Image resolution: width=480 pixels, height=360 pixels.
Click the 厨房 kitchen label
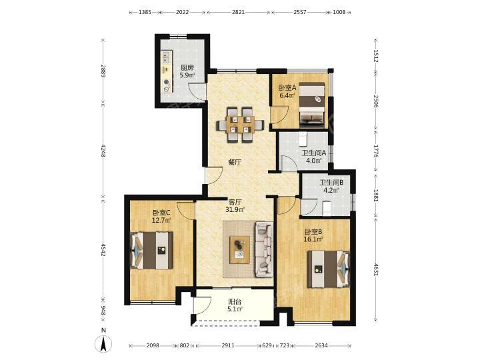click(187, 67)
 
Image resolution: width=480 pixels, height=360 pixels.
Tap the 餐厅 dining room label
click(235, 163)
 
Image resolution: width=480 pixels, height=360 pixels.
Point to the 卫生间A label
click(314, 153)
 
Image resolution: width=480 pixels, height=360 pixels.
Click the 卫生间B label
click(331, 183)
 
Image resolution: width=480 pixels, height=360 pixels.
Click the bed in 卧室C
click(152, 251)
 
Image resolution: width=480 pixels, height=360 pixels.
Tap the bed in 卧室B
click(329, 269)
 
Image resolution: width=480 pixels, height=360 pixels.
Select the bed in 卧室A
click(311, 105)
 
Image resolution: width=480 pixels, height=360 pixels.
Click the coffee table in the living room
click(240, 249)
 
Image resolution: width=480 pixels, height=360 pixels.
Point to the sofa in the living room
click(264, 249)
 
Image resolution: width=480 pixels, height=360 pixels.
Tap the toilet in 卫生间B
click(327, 207)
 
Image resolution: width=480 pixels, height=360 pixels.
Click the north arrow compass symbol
click(103, 343)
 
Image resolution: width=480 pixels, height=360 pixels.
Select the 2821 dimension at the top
click(239, 12)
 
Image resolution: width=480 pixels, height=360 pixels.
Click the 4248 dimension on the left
click(103, 151)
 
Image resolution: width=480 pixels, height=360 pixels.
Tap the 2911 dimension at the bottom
click(228, 345)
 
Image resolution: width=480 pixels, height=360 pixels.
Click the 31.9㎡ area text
click(235, 210)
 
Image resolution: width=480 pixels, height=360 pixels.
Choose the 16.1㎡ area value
click(313, 239)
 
